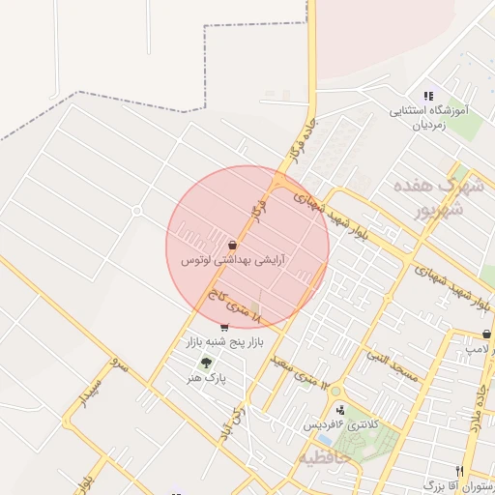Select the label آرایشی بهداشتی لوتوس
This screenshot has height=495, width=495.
point(232,261)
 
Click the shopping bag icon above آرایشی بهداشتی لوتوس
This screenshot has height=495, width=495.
point(232,246)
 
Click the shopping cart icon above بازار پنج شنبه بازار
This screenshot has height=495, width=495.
point(225,327)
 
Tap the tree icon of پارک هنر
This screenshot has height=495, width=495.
point(205,364)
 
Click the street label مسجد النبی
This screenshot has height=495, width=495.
point(392,365)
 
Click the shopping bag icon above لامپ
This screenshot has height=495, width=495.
point(485,334)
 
